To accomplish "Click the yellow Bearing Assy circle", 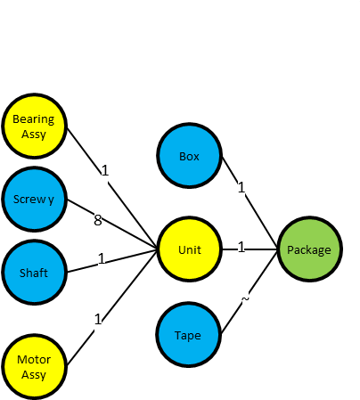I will point(34,126).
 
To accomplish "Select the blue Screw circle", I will point(34,199).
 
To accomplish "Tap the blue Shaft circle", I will point(34,273).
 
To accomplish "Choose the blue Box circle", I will point(189,156).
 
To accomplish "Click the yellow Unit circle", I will point(189,249).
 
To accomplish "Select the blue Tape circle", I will point(189,335).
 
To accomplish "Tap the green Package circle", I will point(309,249).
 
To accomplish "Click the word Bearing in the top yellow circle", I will point(34,119).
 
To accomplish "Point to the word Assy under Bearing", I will point(34,134).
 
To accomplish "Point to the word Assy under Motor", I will point(34,375).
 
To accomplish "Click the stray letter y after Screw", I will point(51,200).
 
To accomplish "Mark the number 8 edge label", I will point(98,220).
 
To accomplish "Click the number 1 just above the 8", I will point(104,170).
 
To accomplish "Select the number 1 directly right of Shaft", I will point(102,258).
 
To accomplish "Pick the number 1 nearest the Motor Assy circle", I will point(98,319).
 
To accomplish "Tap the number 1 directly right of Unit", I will point(241,247).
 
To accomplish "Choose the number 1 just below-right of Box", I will point(241,188).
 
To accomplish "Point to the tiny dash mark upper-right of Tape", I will point(246,300).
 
